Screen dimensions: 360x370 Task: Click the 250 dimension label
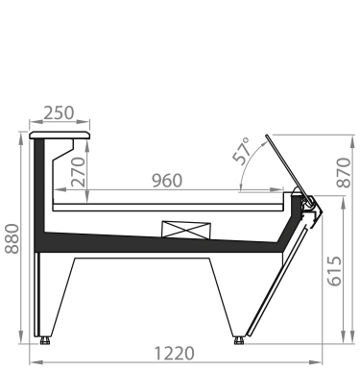(59, 112)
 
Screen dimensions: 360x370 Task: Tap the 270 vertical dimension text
(79, 172)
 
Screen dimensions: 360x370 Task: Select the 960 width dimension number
(167, 181)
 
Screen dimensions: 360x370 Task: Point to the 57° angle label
(242, 151)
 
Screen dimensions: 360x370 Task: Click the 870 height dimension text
(344, 172)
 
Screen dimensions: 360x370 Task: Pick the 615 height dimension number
(335, 271)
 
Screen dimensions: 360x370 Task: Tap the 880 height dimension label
(12, 238)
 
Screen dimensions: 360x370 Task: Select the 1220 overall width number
(175, 354)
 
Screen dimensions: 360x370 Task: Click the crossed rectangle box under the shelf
(186, 230)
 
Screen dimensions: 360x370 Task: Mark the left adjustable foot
(45, 340)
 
